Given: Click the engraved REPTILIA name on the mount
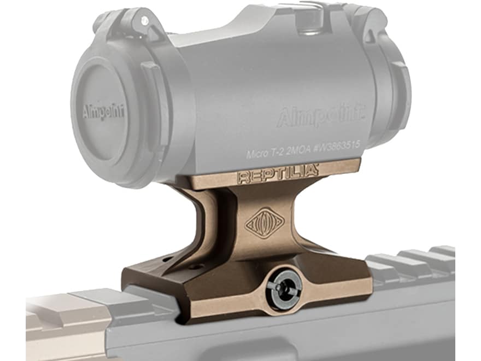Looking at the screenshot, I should (x=278, y=174).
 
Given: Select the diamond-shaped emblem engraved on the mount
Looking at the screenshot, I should (x=264, y=222).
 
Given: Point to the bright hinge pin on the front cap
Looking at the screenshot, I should (x=144, y=21).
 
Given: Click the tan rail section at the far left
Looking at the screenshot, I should (x=60, y=323).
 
